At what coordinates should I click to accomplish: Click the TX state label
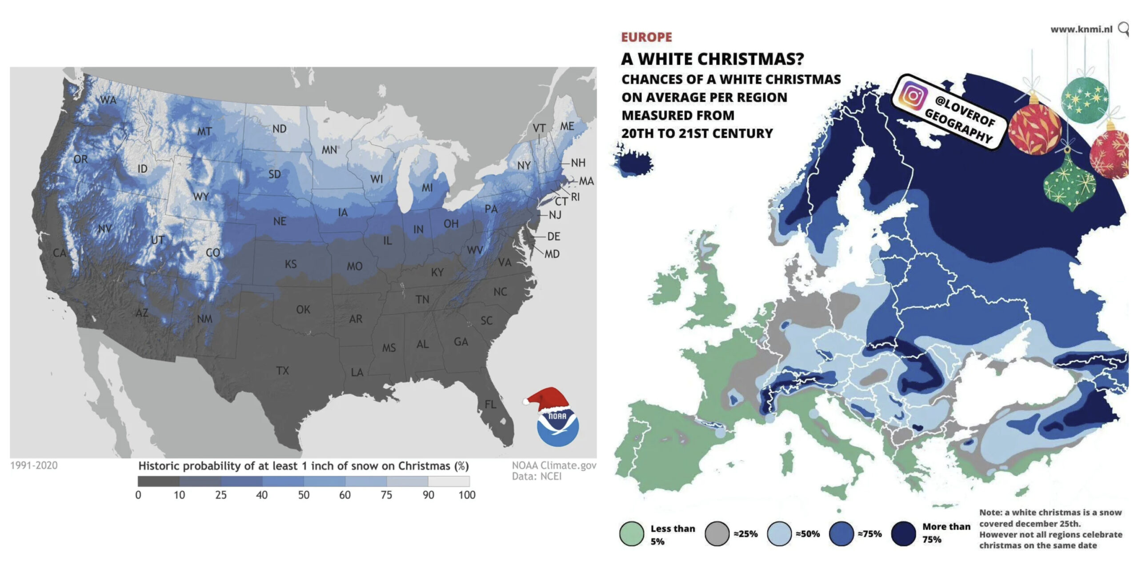[x=282, y=370]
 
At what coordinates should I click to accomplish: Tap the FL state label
[x=490, y=404]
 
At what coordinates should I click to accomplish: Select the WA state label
[x=108, y=100]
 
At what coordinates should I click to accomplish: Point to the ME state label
[x=567, y=126]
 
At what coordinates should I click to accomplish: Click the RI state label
[x=575, y=196]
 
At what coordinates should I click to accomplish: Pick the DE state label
[x=553, y=236]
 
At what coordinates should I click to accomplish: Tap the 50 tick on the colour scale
[x=304, y=495]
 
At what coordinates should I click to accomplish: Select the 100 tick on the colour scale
[x=467, y=495]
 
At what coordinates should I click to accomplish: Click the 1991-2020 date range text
[x=34, y=465]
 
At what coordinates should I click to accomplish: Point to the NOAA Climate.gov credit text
[x=554, y=465]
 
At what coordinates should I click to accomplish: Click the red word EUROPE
[x=646, y=37]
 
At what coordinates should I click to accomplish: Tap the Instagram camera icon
[x=913, y=95]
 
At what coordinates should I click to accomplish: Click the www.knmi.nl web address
[x=1081, y=29]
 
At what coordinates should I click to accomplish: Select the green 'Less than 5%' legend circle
[x=631, y=533]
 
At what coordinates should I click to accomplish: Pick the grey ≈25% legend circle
[x=717, y=533]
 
